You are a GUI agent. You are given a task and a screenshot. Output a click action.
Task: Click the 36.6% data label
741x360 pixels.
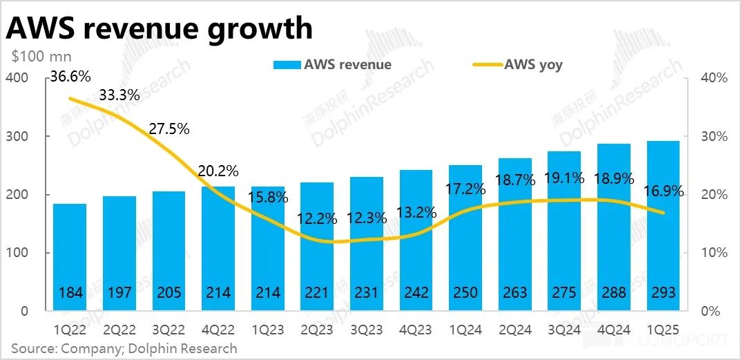coord(70,77)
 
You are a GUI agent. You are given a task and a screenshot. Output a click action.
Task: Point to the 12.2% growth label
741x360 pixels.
coord(318,219)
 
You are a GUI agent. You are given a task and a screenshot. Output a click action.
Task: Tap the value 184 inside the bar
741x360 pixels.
coord(70,292)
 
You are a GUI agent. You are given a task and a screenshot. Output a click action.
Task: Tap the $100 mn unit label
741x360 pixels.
coord(41,57)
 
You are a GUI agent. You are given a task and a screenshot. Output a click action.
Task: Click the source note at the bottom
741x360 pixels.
coord(124,348)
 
